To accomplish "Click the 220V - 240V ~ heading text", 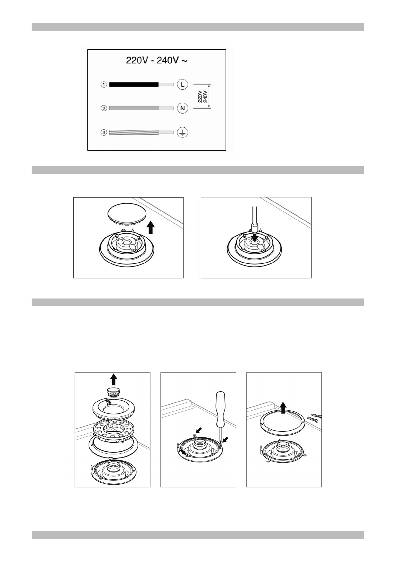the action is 157,60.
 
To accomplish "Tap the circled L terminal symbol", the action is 183,84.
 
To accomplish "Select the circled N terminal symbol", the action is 183,108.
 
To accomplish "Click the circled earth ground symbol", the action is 183,133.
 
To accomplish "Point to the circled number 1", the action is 104,85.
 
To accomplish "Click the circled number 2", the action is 104,108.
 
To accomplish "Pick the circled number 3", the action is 104,132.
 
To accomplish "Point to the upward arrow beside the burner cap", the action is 151,227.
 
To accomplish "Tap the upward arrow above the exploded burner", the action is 114,379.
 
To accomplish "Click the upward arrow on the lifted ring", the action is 283,408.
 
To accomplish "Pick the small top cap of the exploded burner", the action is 113,392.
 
